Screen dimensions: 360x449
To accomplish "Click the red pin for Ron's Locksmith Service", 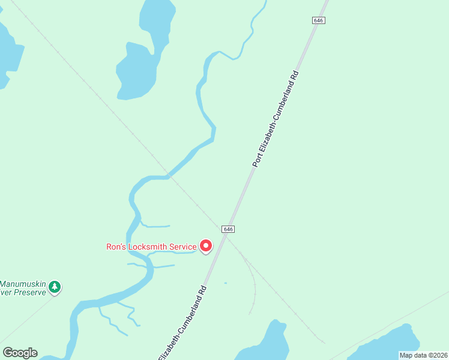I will [206, 246].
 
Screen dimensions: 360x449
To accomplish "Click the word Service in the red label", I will [182, 247].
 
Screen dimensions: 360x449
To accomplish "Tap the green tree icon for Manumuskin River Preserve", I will [55, 287].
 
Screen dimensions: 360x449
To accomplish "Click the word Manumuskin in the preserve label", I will [23, 283].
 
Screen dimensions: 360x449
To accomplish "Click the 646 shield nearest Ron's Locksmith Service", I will [228, 229].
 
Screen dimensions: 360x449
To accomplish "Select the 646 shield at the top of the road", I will [318, 20].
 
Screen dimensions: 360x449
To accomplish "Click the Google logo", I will [20, 353].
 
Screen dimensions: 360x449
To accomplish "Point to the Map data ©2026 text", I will [423, 355].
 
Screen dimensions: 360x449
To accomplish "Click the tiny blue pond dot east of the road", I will [225, 283].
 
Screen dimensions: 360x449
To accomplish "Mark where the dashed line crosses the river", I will [170, 176].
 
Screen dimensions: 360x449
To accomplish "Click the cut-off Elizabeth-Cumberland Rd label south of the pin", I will [182, 323].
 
